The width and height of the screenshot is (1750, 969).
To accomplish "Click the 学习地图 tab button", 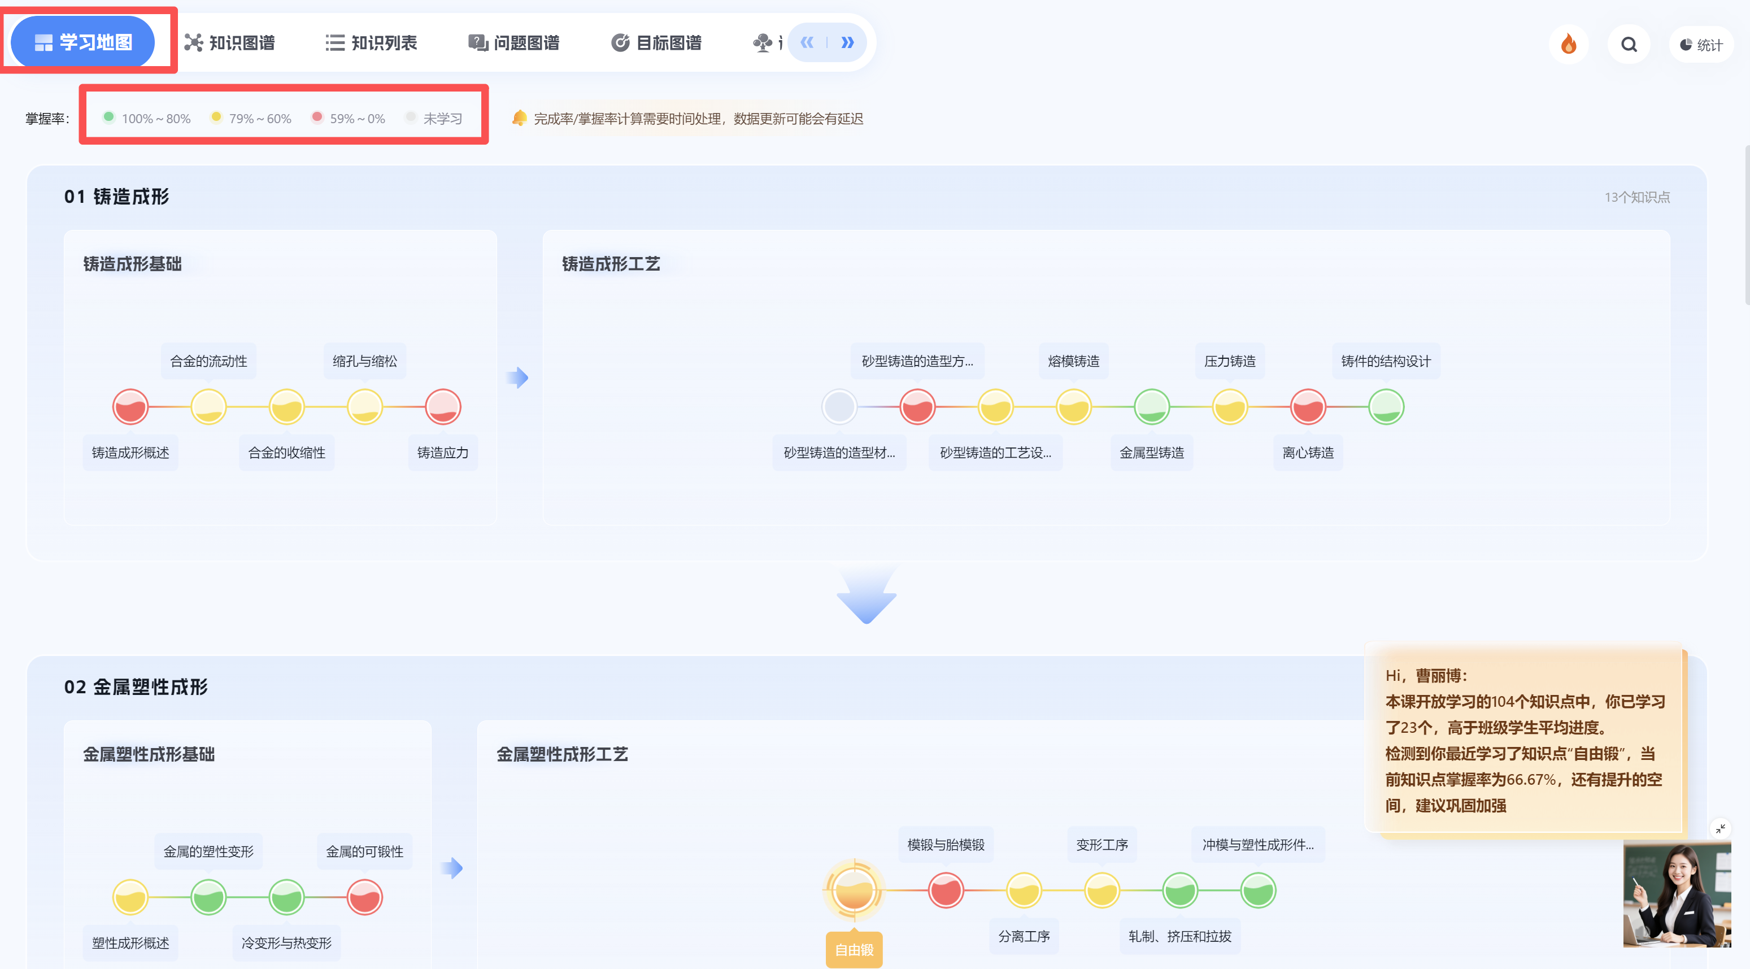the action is click(83, 42).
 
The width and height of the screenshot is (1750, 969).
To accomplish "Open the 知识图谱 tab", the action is click(229, 43).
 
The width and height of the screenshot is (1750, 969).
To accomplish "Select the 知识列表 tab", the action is click(371, 43).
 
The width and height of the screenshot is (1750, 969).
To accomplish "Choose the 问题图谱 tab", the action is click(513, 43).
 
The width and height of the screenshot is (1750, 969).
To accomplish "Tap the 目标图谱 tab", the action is click(656, 43).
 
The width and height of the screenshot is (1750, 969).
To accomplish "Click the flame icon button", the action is click(1569, 44).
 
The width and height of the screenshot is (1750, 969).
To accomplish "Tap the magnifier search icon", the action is click(1629, 44).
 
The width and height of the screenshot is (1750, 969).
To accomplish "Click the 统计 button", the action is click(1701, 45).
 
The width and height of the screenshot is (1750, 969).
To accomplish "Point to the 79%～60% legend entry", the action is click(251, 118).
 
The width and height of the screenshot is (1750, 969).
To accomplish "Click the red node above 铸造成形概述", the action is click(130, 407).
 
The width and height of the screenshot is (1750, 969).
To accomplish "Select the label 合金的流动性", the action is click(208, 361).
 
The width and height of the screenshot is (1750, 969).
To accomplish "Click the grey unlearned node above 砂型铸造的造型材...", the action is click(839, 407).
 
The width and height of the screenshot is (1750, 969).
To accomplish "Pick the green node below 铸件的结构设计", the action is click(1386, 407).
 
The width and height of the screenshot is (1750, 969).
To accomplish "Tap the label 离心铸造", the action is click(1308, 453).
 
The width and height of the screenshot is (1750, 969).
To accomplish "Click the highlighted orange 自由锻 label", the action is click(854, 950).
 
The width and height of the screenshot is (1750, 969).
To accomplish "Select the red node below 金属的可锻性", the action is click(365, 897).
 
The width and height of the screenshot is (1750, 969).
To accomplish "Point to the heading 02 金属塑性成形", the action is click(136, 687).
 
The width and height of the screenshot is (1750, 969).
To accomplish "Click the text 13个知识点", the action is click(1637, 197).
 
